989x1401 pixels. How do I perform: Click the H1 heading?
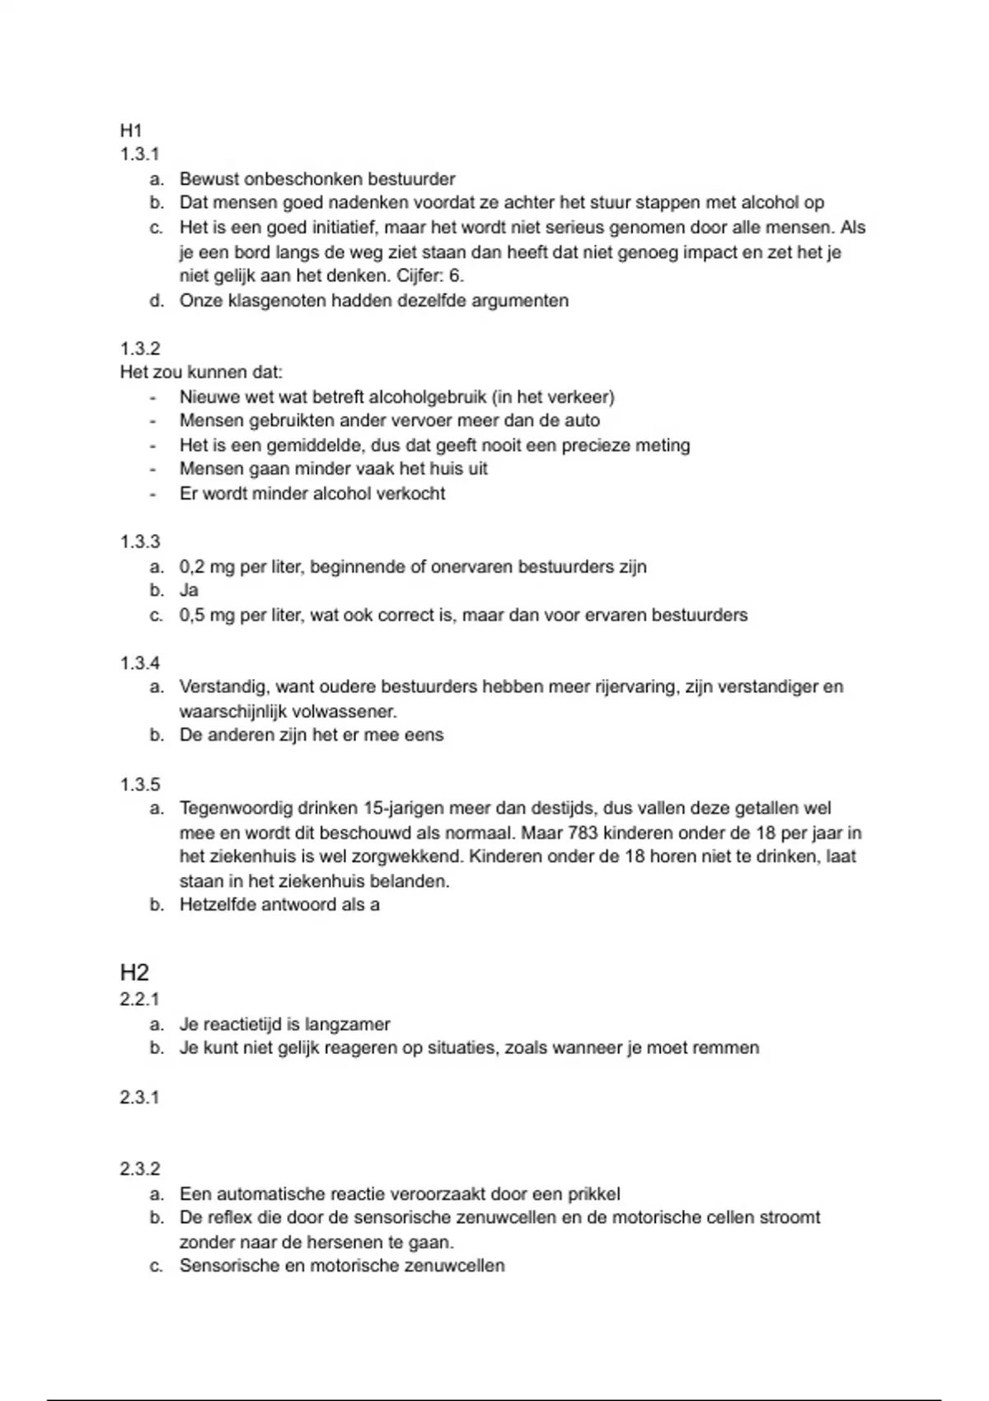click(131, 130)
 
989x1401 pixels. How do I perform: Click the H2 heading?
click(134, 972)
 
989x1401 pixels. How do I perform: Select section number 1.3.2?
click(140, 348)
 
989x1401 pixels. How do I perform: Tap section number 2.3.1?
click(140, 1097)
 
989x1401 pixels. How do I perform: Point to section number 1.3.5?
click(140, 784)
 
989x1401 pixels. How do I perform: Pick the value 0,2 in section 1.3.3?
click(192, 567)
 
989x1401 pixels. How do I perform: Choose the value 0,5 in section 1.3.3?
click(192, 615)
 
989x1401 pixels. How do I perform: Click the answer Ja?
click(189, 590)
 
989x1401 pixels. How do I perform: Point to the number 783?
click(583, 832)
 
